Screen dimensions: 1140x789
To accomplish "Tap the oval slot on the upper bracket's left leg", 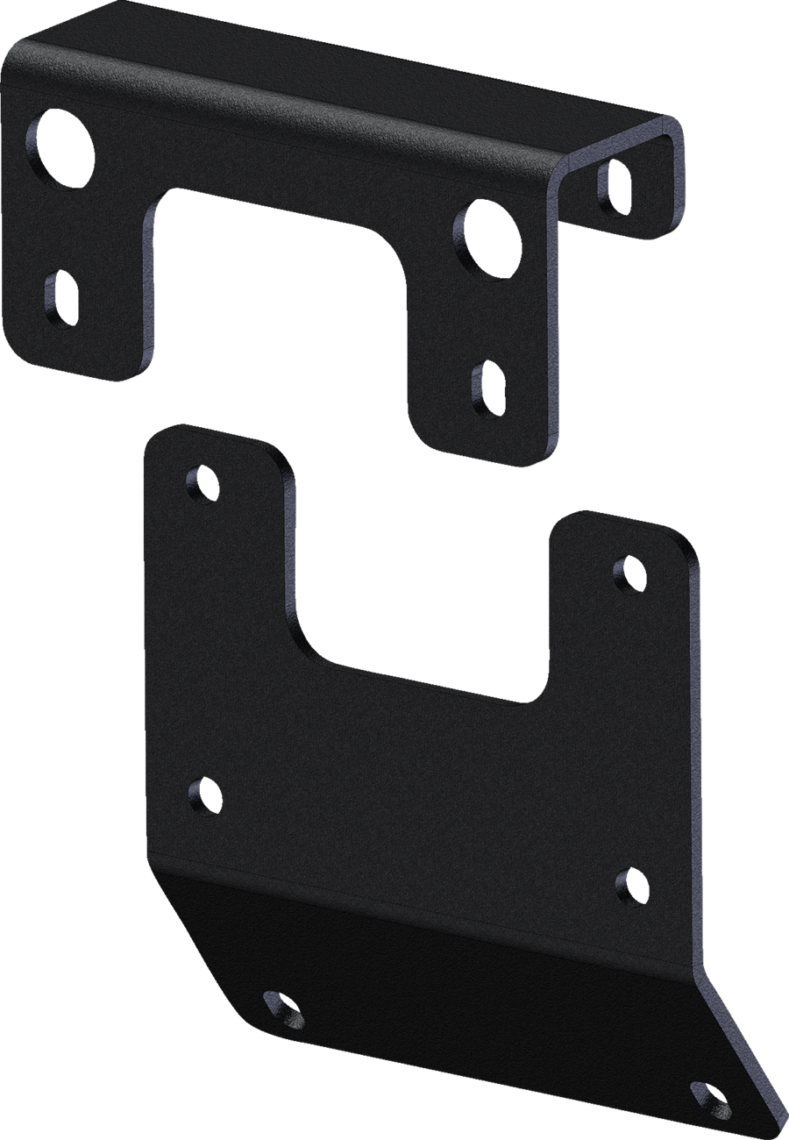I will tap(60, 298).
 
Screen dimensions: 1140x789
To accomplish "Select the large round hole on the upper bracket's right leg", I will tap(485, 239).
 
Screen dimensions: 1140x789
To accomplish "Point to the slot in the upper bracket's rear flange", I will tap(614, 184).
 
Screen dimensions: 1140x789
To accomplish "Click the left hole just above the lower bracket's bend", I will tap(204, 794).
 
